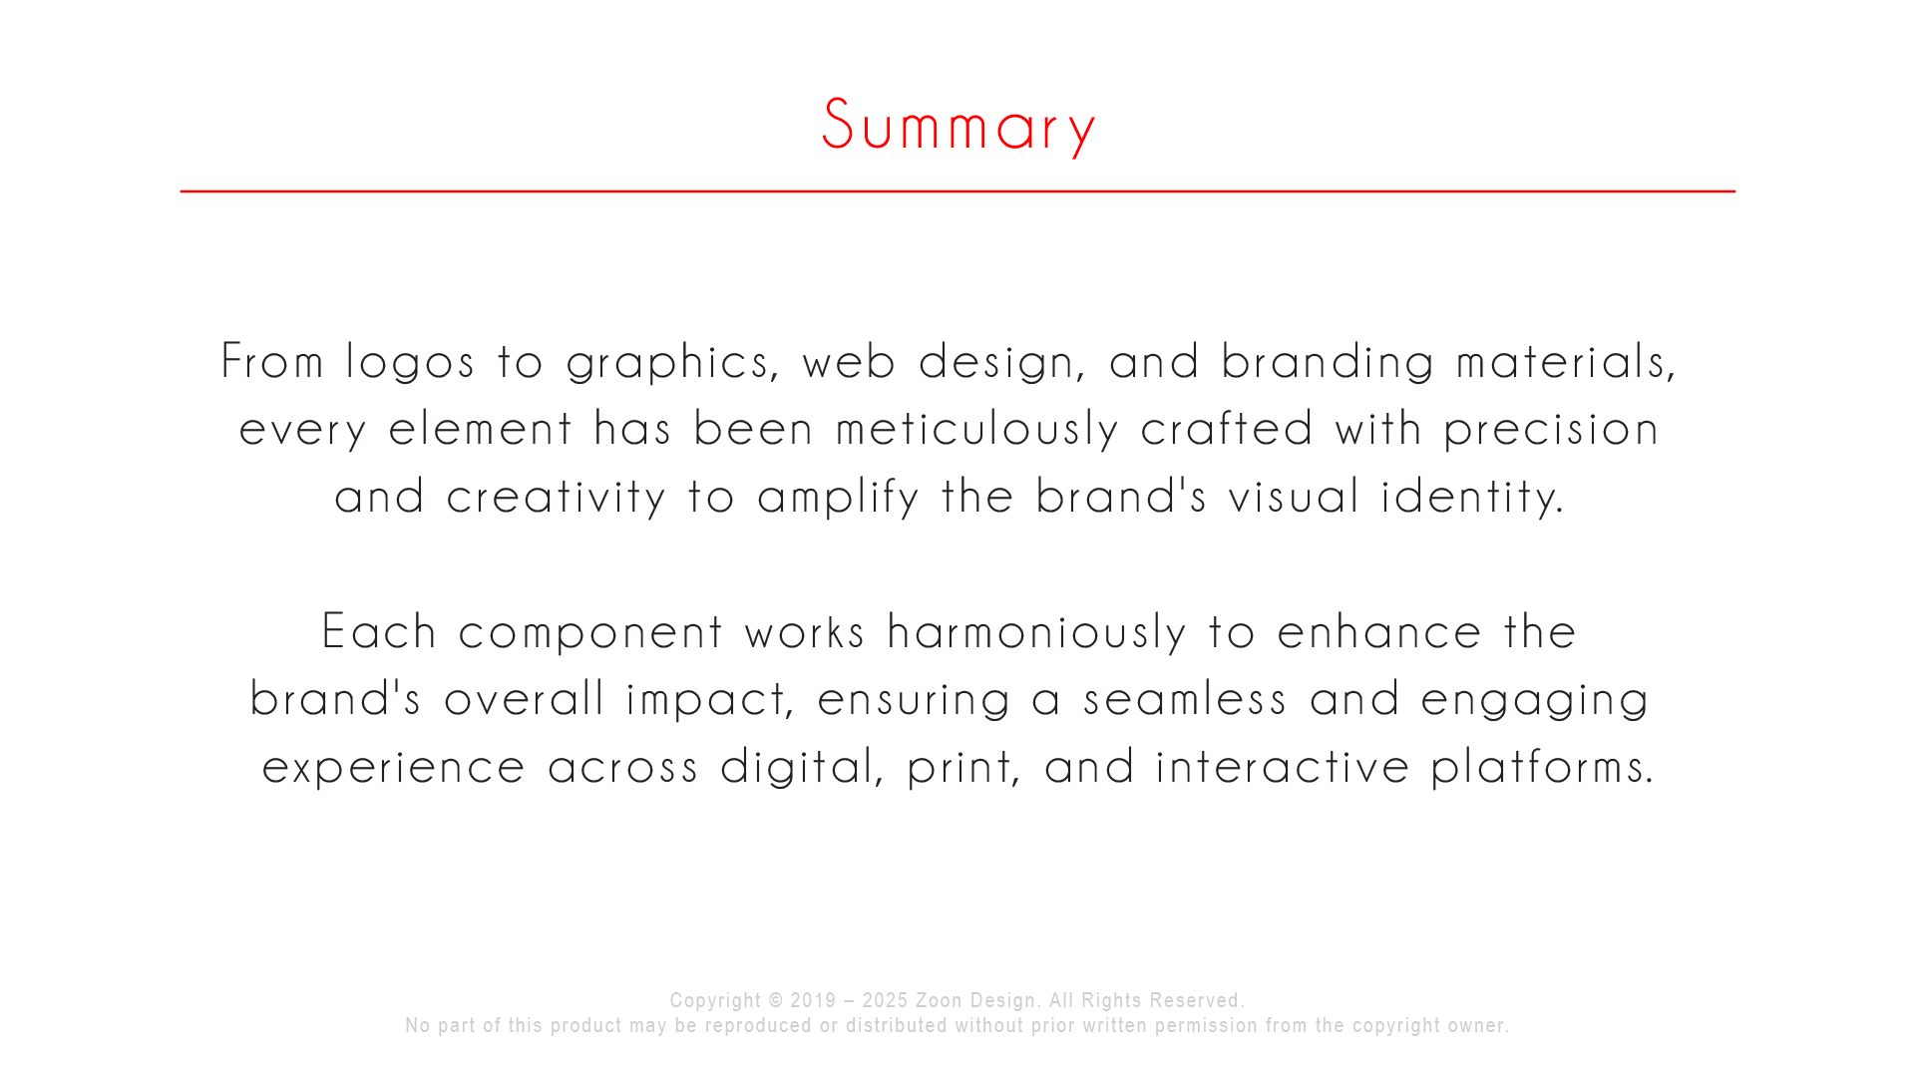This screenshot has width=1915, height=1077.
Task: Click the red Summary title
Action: tap(958, 126)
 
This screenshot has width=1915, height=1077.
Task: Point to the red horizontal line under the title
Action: tap(957, 190)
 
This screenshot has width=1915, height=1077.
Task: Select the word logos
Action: tap(410, 362)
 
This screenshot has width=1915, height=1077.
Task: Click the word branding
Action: tap(1328, 362)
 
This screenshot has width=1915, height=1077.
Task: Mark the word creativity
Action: tap(556, 497)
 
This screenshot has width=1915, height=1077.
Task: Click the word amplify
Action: tap(838, 497)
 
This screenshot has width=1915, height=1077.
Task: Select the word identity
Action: tap(1472, 497)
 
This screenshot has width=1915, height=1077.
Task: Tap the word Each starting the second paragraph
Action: tap(379, 631)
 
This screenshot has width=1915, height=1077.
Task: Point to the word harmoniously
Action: tap(1036, 632)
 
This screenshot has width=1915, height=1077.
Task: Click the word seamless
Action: tap(1186, 699)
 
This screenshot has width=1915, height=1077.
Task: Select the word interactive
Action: tap(1283, 767)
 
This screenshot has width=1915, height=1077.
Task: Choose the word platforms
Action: tap(1543, 767)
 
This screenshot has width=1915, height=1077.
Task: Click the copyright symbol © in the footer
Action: tap(776, 1000)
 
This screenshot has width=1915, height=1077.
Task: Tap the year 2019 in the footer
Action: tap(813, 1000)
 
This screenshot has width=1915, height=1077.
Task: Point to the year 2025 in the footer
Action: tap(885, 1000)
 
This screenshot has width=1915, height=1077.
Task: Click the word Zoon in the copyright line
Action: tap(939, 1000)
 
